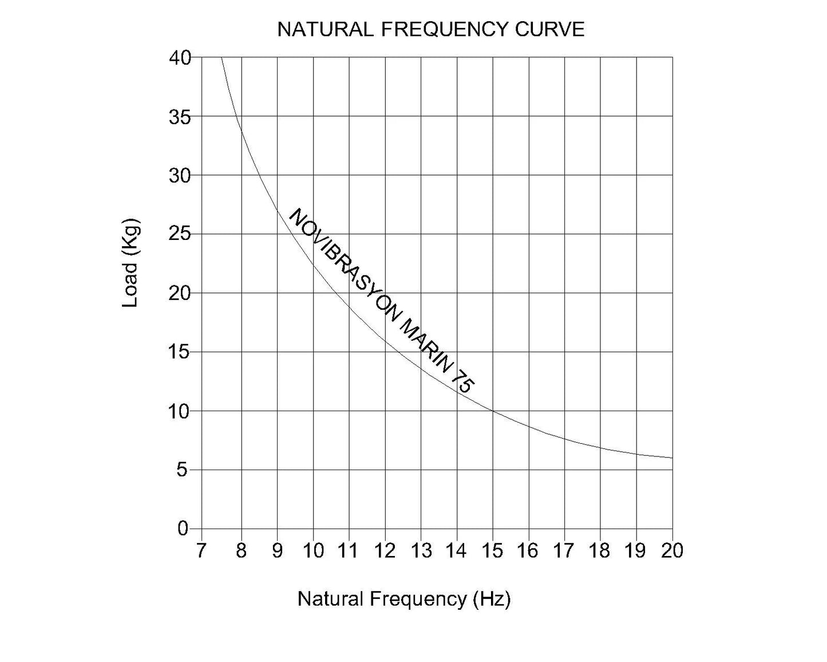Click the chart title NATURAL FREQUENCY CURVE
430,29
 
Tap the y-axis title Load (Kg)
131,263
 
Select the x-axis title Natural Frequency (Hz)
403,599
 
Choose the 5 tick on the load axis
183,470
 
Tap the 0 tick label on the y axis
183,529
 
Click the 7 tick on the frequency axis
200,550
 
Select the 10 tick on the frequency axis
313,550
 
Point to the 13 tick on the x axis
421,550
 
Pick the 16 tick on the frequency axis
528,550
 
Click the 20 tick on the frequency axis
672,550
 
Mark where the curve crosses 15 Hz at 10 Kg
493,411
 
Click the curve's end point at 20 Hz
672,458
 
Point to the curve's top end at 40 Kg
221,57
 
